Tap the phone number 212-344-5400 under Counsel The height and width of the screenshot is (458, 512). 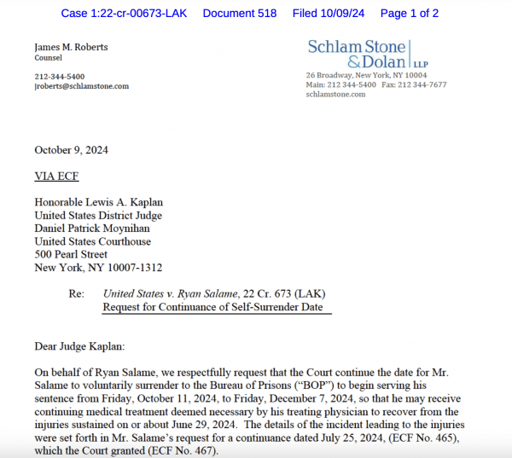(60, 76)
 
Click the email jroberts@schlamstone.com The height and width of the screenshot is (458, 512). (82, 86)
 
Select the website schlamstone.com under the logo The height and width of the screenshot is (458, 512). (335, 95)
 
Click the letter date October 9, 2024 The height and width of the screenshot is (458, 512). (71, 150)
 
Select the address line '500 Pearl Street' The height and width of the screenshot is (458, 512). (71, 254)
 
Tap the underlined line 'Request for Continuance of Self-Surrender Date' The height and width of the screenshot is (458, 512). (213, 307)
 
